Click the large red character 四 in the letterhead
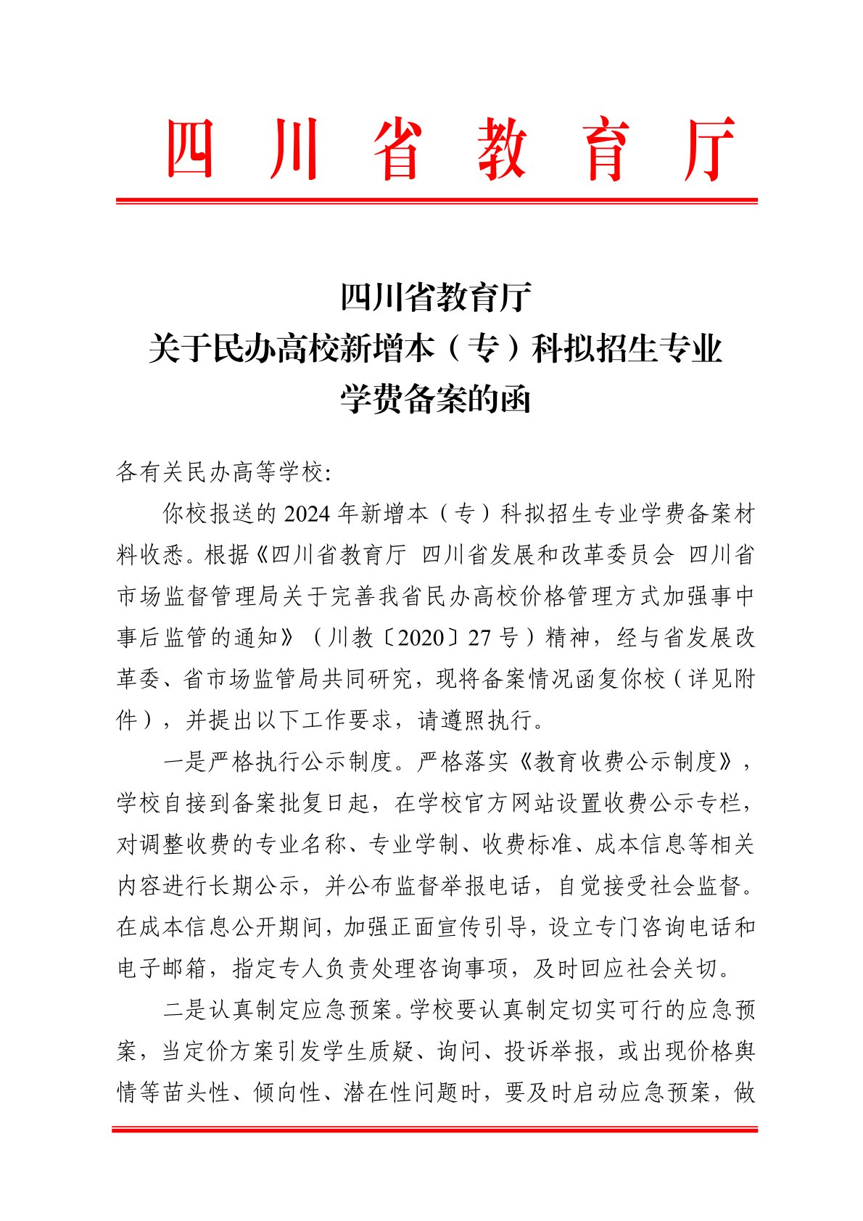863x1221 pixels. tap(191, 149)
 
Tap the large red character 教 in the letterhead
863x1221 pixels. tap(503, 149)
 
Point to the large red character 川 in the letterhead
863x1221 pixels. tap(294, 149)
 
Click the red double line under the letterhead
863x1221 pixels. tap(437, 200)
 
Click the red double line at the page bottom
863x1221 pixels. tap(434, 1130)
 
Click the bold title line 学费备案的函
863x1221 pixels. tap(436, 399)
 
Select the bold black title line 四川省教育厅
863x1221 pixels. tap(436, 297)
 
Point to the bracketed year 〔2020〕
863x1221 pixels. tap(421, 638)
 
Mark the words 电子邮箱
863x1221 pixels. tap(162, 969)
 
